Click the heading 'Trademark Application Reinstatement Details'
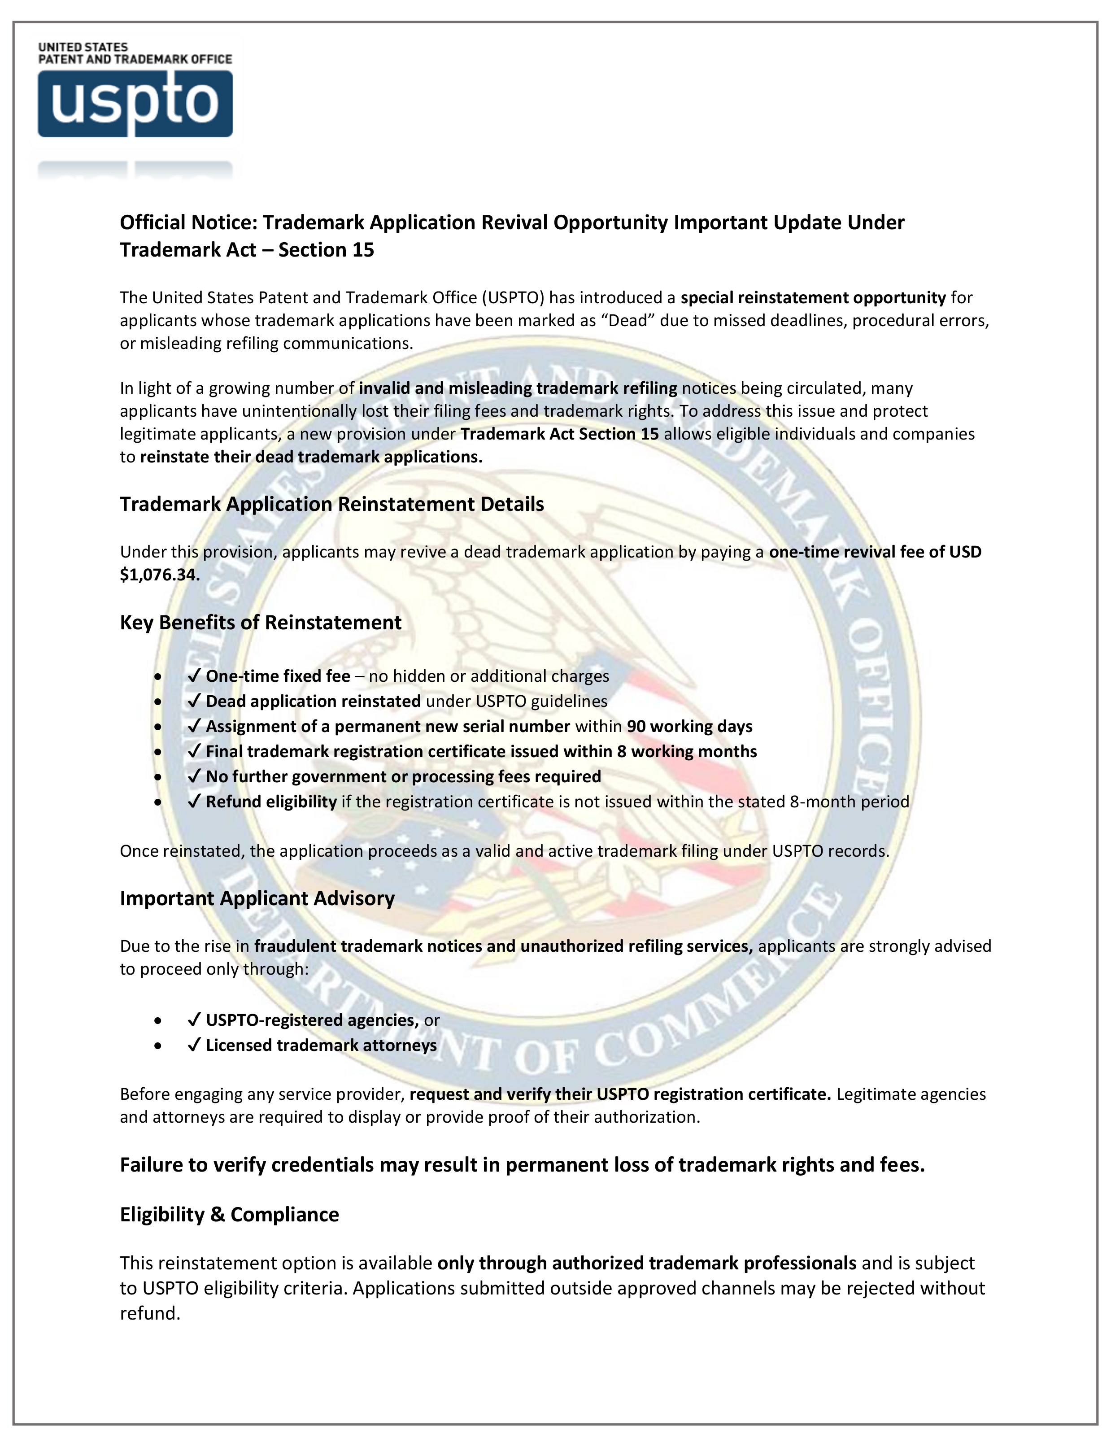(331, 504)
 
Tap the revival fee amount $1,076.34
(159, 575)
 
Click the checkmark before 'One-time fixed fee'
(194, 676)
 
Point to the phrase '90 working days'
(689, 726)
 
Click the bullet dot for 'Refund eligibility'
(157, 802)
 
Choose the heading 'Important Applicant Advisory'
(257, 899)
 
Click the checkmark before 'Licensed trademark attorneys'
(194, 1046)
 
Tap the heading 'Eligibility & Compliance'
(229, 1215)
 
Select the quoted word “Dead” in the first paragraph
(628, 321)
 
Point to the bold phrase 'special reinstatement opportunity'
(813, 298)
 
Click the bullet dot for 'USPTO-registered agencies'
(157, 1020)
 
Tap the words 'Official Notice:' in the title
(188, 222)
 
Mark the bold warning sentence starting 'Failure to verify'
(522, 1165)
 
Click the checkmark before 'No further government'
(194, 777)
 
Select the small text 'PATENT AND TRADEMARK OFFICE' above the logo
(135, 59)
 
